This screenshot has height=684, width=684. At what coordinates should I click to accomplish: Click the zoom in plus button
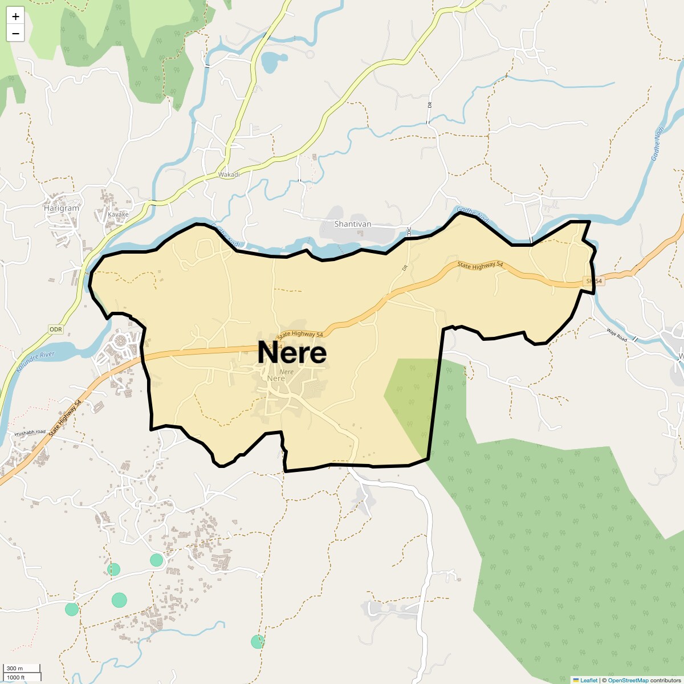click(x=15, y=17)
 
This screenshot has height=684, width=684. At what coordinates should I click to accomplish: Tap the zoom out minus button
click(x=15, y=34)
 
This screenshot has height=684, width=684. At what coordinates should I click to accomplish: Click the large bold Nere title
click(x=292, y=353)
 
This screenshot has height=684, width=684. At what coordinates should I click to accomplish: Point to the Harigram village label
click(x=62, y=208)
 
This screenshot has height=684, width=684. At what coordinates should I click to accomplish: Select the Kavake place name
click(x=119, y=215)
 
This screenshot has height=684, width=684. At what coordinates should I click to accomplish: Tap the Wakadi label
click(x=229, y=174)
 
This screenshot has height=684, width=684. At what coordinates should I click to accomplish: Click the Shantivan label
click(x=352, y=224)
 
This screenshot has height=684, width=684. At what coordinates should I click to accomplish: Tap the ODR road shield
click(x=55, y=329)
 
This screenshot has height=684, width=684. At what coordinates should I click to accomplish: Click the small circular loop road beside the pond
click(x=310, y=54)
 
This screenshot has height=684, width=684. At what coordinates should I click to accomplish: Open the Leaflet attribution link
click(x=589, y=680)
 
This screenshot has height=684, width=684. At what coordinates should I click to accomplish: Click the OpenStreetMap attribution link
click(x=628, y=680)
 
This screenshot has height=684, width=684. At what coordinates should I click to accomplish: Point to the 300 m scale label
click(x=15, y=669)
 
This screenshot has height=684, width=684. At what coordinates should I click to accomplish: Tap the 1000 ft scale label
click(x=16, y=677)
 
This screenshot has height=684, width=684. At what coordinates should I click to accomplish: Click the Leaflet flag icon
click(x=576, y=680)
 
